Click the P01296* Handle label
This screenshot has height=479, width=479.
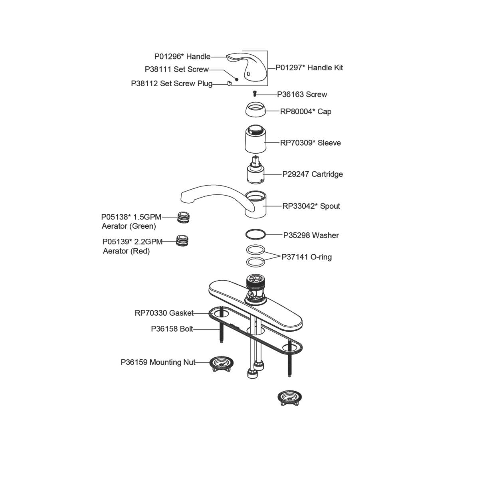point(182,57)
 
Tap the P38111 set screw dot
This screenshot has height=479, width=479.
point(237,79)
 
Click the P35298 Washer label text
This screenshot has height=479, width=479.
point(311,236)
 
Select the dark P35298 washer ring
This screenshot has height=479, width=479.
point(254,234)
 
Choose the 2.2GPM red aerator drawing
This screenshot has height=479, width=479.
point(183,241)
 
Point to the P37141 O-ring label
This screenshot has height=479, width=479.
point(307,257)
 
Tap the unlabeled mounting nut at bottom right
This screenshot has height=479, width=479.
point(289,398)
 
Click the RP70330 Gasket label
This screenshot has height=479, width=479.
point(164,313)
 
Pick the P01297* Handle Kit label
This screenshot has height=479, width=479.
point(309,68)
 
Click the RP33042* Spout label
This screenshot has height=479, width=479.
point(311,206)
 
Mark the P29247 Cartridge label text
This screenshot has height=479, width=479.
point(313,174)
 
